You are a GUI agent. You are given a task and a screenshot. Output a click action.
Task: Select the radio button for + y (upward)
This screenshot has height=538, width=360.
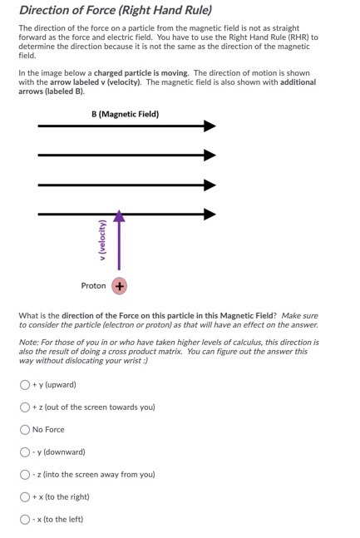coord(25,385)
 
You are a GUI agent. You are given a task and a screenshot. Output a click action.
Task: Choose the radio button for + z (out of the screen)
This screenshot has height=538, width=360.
coord(25,407)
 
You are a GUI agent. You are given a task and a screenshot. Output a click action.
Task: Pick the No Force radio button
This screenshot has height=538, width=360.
coord(25,430)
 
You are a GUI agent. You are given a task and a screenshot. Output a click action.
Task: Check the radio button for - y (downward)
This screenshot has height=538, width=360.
coord(25,452)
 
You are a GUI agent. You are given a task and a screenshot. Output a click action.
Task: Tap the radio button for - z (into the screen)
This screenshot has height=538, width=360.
coord(25,475)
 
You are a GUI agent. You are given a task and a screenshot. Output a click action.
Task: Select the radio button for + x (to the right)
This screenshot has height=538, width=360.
coord(25,497)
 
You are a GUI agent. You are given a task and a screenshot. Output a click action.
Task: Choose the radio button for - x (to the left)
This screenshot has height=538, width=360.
coord(25,520)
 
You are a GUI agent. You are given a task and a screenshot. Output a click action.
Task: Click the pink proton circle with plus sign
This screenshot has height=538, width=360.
coord(120,286)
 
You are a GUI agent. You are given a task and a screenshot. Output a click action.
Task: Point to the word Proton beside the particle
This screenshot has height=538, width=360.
coord(93,286)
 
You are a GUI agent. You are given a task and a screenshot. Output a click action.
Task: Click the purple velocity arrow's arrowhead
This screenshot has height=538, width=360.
coord(120,217)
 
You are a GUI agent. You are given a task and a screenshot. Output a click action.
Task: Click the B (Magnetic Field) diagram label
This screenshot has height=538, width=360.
coord(126,114)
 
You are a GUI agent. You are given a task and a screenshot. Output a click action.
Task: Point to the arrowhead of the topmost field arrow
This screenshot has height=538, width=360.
coord(210,126)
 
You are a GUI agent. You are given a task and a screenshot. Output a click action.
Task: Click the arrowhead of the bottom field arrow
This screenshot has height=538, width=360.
coord(210,214)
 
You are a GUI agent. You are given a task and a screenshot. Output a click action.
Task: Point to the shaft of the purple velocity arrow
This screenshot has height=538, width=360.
coord(120,249)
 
